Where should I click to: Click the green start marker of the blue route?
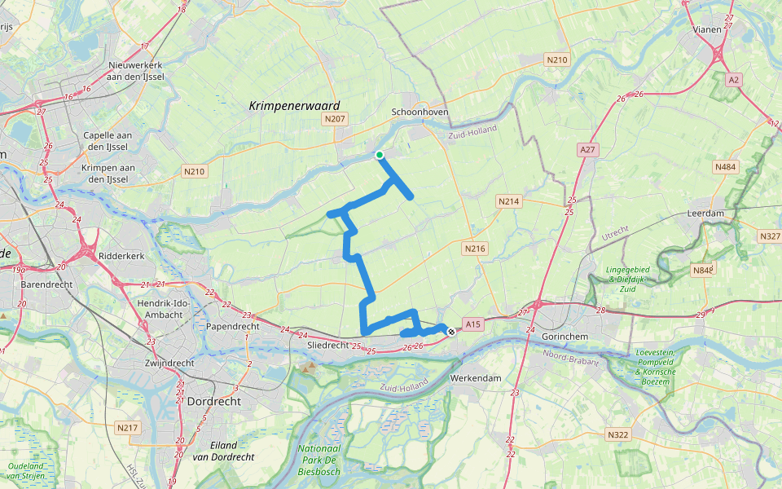[x=380, y=155]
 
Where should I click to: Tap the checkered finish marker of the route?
[x=450, y=330]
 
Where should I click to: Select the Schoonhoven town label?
[x=420, y=112]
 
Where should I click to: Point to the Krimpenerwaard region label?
[x=294, y=105]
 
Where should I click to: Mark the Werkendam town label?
[x=476, y=379]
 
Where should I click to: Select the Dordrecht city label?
[x=214, y=402]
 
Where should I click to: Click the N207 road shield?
[x=335, y=119]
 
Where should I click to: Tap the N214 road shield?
[x=509, y=200]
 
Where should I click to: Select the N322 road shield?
[x=618, y=434]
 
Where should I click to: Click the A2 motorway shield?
[x=734, y=79]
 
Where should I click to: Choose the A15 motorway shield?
[x=474, y=324]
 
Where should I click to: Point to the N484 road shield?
[x=724, y=166]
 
